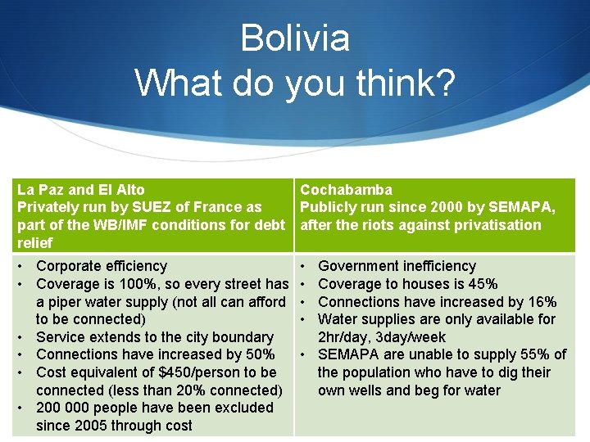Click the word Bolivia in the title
[295, 38]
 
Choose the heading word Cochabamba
[346, 190]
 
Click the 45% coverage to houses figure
[481, 284]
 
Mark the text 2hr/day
[346, 337]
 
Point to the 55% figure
[536, 354]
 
